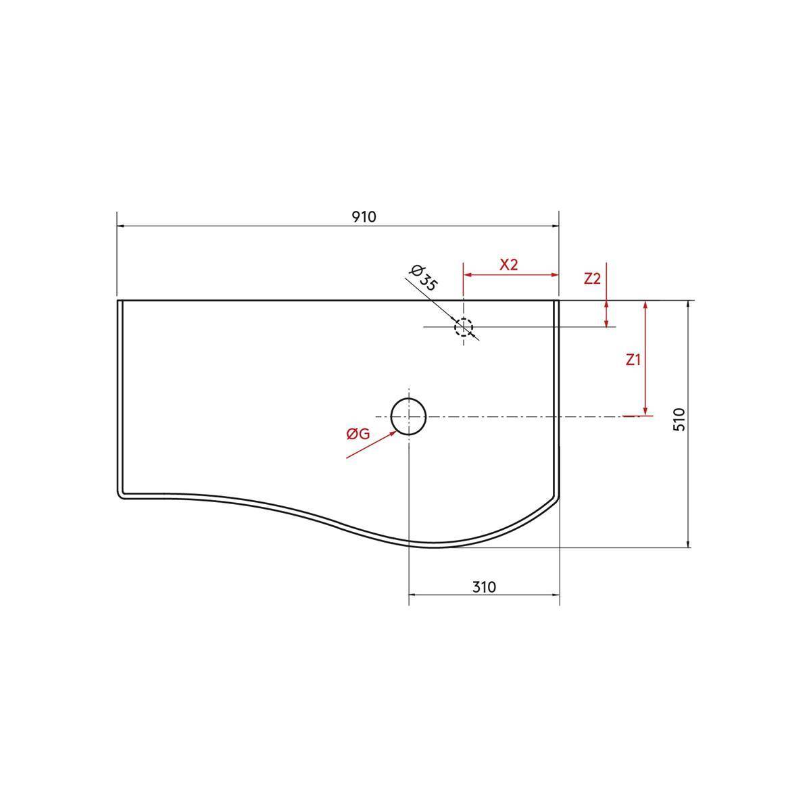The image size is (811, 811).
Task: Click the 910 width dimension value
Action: pyautogui.click(x=364, y=217)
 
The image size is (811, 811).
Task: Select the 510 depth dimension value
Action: pyautogui.click(x=679, y=419)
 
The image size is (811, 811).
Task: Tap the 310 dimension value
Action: pyautogui.click(x=484, y=587)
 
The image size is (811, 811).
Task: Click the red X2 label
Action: pyautogui.click(x=509, y=265)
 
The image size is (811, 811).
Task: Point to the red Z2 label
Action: pyautogui.click(x=592, y=278)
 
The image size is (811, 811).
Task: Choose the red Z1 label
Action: pyautogui.click(x=633, y=360)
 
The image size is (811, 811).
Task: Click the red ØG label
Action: pyautogui.click(x=358, y=434)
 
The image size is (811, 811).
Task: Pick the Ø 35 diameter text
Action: pyautogui.click(x=423, y=278)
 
